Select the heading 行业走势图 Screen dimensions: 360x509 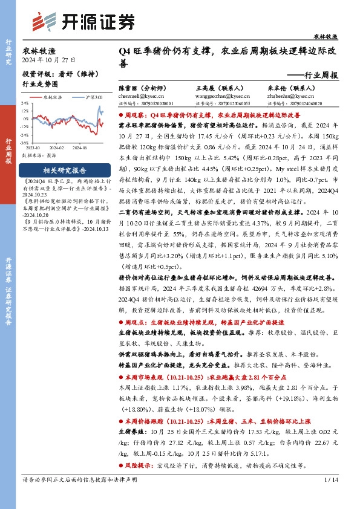click(x=41, y=85)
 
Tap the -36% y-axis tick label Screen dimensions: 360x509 click(x=26, y=143)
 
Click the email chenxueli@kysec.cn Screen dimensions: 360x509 click(x=138, y=94)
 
